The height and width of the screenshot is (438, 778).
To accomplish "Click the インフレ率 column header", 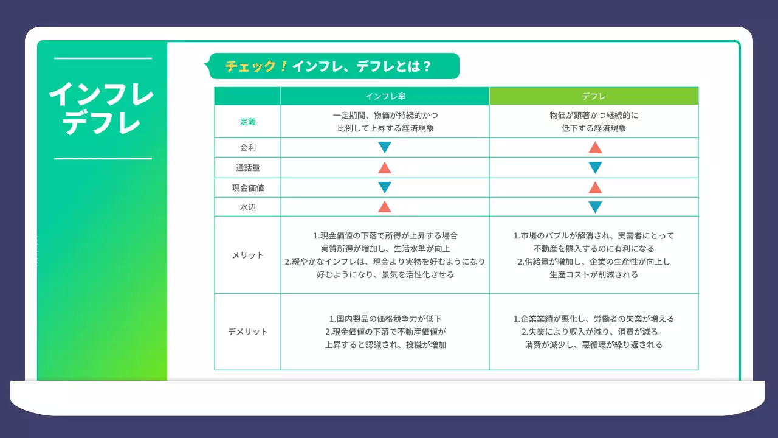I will (x=385, y=96).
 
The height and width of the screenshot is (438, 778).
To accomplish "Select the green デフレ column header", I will (x=594, y=96).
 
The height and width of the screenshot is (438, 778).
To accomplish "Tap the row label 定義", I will (x=247, y=122).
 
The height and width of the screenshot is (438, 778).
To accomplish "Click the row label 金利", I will (x=247, y=147).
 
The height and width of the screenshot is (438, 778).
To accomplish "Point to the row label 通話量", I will (x=247, y=167).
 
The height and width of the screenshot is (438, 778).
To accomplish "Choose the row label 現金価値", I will (x=247, y=188).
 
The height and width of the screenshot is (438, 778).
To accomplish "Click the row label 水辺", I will (x=247, y=207).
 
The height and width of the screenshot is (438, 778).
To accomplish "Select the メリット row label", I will (x=247, y=255).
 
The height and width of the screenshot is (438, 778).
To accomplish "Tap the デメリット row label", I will (x=247, y=332).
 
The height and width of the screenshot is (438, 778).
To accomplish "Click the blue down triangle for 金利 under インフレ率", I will (x=385, y=147).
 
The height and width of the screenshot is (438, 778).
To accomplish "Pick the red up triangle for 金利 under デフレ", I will (x=595, y=147).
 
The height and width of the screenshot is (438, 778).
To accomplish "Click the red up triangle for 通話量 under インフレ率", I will (x=385, y=168).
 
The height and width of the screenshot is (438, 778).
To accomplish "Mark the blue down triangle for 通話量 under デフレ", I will (x=595, y=168).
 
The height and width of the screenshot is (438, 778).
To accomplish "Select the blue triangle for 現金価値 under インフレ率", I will (x=385, y=187).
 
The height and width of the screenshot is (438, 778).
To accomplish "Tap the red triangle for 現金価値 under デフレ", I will (x=595, y=187).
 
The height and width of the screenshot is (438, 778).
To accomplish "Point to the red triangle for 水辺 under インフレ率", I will (x=385, y=207).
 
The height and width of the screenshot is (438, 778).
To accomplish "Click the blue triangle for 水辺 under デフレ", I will (x=595, y=207).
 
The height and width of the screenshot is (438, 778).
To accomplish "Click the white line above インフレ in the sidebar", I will (x=103, y=58).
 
